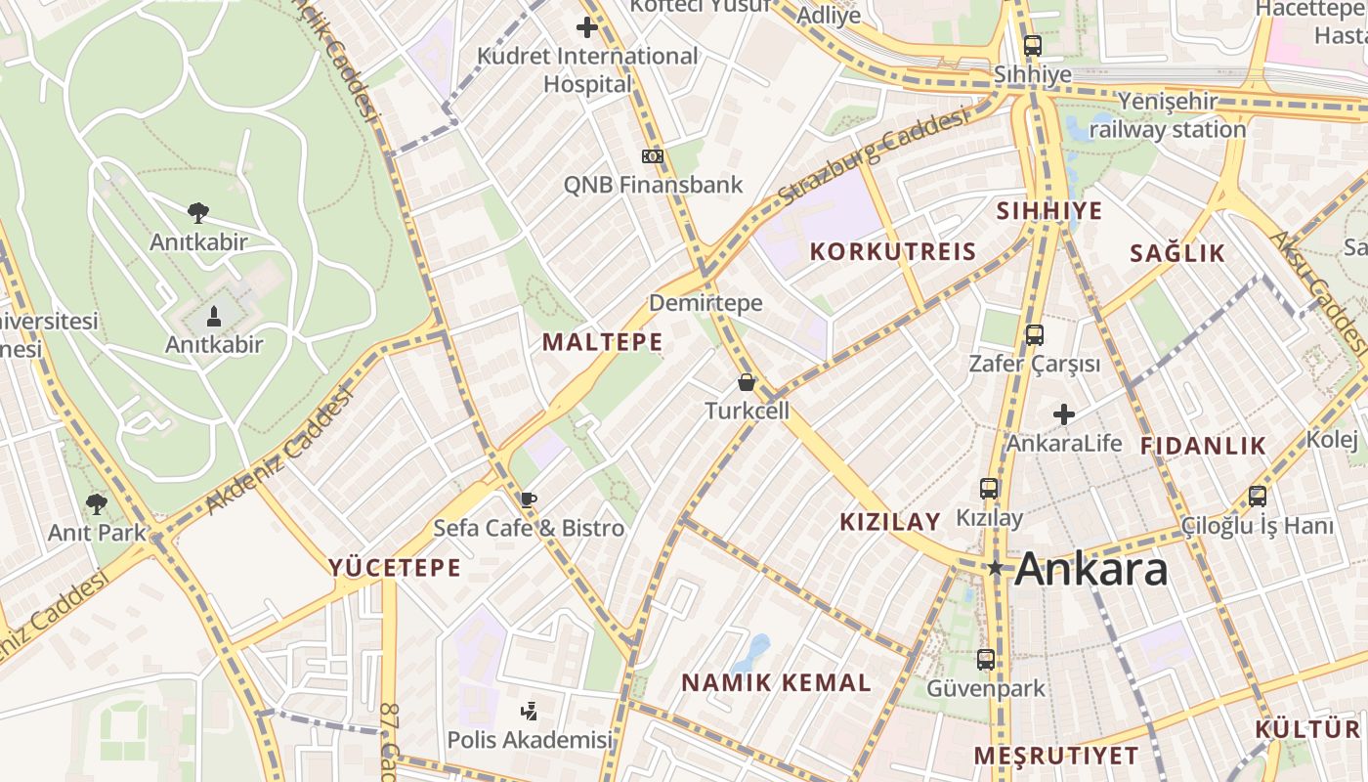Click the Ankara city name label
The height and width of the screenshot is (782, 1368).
[1090, 569]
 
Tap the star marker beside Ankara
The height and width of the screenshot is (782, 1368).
[995, 568]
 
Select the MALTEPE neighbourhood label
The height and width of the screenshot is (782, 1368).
[602, 342]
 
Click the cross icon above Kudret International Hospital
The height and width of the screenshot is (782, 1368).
[587, 27]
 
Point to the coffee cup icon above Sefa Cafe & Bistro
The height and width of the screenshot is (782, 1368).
[528, 500]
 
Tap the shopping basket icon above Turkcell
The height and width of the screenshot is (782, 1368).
[747, 382]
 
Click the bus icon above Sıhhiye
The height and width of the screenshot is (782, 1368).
[1032, 45]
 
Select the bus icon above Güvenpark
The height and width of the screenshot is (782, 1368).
[985, 660]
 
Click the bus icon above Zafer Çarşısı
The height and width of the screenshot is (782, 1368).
[1034, 335]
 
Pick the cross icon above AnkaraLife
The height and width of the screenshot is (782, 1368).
[1064, 414]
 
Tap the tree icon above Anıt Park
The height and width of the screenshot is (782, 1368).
[96, 504]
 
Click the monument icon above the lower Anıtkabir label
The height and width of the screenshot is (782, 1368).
[214, 316]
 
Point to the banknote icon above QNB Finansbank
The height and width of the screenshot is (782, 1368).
[652, 156]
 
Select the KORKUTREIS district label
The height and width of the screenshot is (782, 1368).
[893, 251]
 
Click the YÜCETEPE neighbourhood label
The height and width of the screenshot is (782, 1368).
[394, 568]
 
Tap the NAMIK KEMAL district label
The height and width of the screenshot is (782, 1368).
[776, 683]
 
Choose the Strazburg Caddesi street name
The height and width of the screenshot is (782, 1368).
[872, 158]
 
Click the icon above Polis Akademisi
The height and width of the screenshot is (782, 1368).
[529, 711]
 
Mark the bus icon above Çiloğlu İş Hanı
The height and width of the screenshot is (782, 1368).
[1257, 497]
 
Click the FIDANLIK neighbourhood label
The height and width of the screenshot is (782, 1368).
[1203, 446]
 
